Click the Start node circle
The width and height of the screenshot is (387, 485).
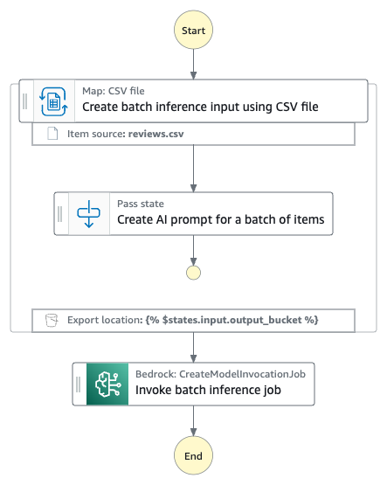click(193, 30)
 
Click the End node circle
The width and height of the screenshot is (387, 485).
click(193, 455)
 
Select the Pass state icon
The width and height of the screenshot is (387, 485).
click(88, 212)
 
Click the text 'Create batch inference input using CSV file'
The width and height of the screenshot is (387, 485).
click(200, 107)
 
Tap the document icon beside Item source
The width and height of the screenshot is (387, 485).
click(52, 133)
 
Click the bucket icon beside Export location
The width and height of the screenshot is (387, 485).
click(52, 321)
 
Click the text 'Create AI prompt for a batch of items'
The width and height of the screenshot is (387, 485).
click(221, 220)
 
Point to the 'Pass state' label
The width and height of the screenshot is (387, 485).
click(141, 204)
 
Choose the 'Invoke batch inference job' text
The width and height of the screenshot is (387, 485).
click(208, 391)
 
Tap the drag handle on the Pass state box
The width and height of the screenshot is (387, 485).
click(60, 212)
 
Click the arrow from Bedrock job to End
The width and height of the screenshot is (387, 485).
click(193, 419)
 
